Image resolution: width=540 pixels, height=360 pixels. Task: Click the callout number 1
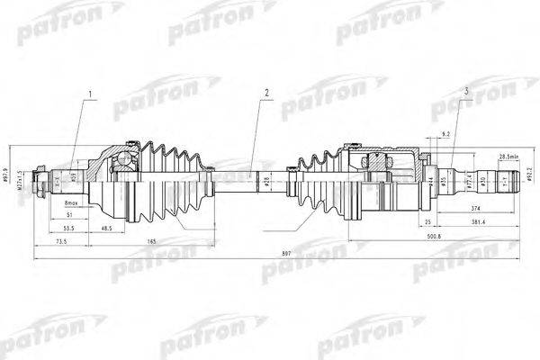click(x=88, y=94)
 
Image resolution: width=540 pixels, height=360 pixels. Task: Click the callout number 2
click(x=265, y=93)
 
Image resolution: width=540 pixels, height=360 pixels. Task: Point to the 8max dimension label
click(x=73, y=204)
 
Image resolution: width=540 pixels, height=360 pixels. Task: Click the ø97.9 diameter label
click(x=8, y=175)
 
